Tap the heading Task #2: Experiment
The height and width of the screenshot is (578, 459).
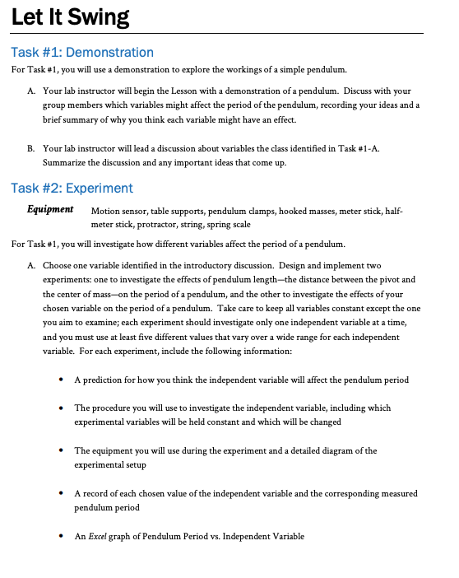point(72,188)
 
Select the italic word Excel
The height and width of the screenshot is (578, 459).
point(97,536)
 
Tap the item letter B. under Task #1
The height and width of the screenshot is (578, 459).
point(30,147)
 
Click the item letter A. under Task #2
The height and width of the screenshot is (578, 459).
point(30,266)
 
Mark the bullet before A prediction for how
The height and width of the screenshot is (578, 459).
point(63,380)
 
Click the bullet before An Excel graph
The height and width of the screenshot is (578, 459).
point(63,537)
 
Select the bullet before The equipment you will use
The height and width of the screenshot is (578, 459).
point(63,451)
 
